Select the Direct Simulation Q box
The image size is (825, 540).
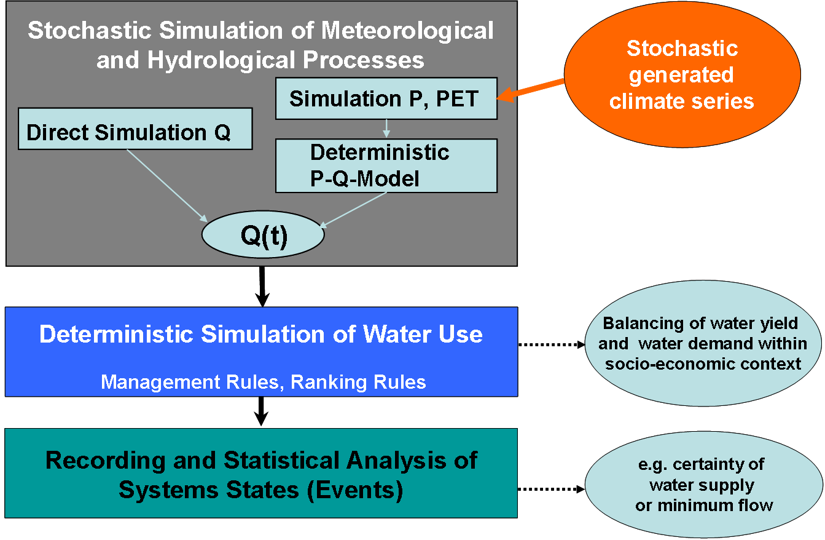(135, 129)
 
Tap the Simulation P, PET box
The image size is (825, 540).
(386, 98)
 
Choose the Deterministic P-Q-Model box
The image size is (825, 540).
(386, 165)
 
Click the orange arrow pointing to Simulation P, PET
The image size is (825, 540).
(531, 89)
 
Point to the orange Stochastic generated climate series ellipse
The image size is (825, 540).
(682, 75)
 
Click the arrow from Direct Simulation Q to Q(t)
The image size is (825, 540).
(166, 185)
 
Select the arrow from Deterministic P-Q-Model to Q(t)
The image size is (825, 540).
(353, 210)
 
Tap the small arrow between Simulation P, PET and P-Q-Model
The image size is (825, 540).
(386, 129)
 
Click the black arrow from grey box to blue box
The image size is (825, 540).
(262, 287)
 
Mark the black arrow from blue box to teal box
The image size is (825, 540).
(262, 411)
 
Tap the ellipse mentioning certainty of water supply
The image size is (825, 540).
(703, 485)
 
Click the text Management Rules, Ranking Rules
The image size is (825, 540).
(263, 382)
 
